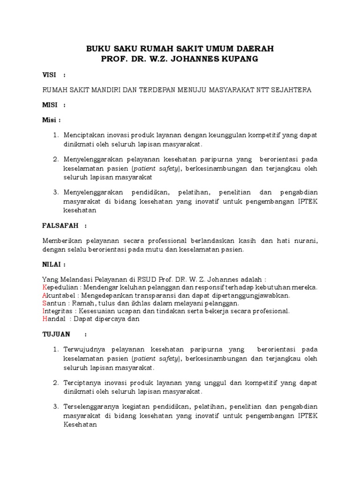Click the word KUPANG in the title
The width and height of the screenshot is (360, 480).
pos(237,59)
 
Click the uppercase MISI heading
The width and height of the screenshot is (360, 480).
pos(49,105)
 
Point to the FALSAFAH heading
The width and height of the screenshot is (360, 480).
pos(60,225)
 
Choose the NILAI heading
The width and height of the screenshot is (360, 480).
pos(51,264)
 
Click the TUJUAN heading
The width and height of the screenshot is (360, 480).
pos(56,334)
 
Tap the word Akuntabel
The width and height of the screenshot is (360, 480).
pos(57,295)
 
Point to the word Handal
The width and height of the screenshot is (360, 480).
pos(53,319)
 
